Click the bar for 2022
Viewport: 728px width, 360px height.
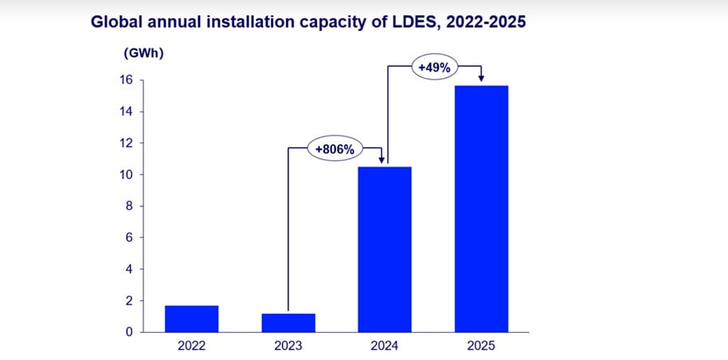click(x=191, y=319)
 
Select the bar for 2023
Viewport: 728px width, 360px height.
click(x=288, y=323)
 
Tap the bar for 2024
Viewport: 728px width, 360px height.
click(x=385, y=249)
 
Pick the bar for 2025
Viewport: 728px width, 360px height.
click(x=481, y=209)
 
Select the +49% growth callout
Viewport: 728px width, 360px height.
click(x=434, y=68)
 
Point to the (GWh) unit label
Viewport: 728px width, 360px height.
click(x=143, y=53)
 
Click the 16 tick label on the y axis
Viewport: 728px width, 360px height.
click(x=126, y=80)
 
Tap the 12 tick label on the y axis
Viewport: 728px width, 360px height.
click(x=126, y=143)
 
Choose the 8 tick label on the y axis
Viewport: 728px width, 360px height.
click(x=129, y=206)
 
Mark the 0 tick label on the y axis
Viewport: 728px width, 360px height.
click(x=129, y=332)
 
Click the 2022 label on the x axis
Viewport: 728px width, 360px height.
click(x=191, y=346)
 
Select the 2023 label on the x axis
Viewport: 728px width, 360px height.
click(x=288, y=346)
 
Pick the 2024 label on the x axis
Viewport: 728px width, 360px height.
click(x=385, y=346)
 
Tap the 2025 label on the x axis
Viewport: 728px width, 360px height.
click(x=481, y=346)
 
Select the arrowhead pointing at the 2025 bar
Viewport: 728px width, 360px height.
click(x=481, y=78)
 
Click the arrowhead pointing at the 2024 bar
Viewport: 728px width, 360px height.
click(x=385, y=160)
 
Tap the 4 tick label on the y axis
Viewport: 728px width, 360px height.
click(x=129, y=269)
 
